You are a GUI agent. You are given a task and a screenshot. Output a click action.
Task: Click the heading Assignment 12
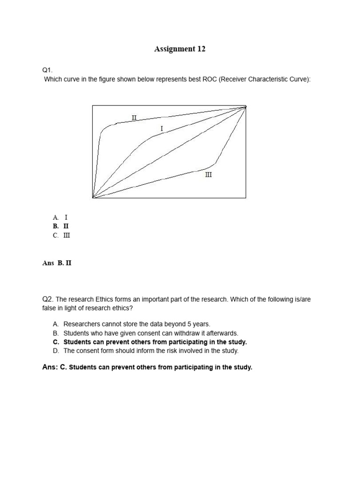(180, 49)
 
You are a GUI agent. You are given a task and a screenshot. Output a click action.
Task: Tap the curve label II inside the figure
(134, 117)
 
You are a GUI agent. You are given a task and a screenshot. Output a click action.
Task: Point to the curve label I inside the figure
(162, 128)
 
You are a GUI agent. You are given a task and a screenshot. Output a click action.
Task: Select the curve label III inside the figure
(209, 174)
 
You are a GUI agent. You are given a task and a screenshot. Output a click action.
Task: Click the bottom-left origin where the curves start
(93, 197)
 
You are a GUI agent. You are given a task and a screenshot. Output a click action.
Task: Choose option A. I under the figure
(60, 217)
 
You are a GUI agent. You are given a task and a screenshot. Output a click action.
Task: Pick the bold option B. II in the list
(61, 226)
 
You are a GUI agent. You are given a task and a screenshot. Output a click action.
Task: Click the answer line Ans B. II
(57, 263)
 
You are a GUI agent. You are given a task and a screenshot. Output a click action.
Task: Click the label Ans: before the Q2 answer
(50, 367)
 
